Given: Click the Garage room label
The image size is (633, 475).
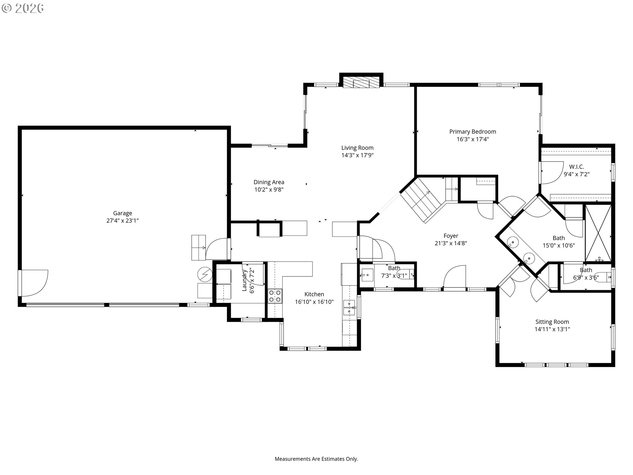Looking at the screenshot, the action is coord(123,213).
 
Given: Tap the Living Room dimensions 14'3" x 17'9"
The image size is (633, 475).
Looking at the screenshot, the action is coord(357,155).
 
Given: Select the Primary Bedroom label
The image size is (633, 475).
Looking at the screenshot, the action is coord(472,132).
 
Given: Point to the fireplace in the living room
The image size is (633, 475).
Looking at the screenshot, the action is coord(361,83).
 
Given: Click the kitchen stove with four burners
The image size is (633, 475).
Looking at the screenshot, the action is coord(275,296).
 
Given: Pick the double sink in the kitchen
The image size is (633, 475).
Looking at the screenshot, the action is coord(349,307).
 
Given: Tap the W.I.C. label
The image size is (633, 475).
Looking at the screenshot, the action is coord(577,167).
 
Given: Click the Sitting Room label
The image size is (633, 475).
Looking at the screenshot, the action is coord(552,322).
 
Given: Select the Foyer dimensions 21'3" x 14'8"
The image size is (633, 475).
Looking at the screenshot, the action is coord(451,243).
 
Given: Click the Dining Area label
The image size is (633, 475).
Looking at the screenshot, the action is coord(269,182).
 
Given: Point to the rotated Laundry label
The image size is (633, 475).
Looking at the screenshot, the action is coord(245,280).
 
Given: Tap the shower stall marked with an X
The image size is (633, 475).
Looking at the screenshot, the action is coord(598,233).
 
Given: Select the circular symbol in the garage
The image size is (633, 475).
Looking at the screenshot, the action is coord(204,274).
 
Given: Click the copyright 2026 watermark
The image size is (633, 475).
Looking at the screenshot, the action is coord(23,8).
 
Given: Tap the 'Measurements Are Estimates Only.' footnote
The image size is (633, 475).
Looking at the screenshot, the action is coord(316,459).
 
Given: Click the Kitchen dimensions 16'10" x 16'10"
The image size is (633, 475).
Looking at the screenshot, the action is coord(314,301).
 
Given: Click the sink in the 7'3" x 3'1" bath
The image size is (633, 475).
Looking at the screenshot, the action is coord(367,275).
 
